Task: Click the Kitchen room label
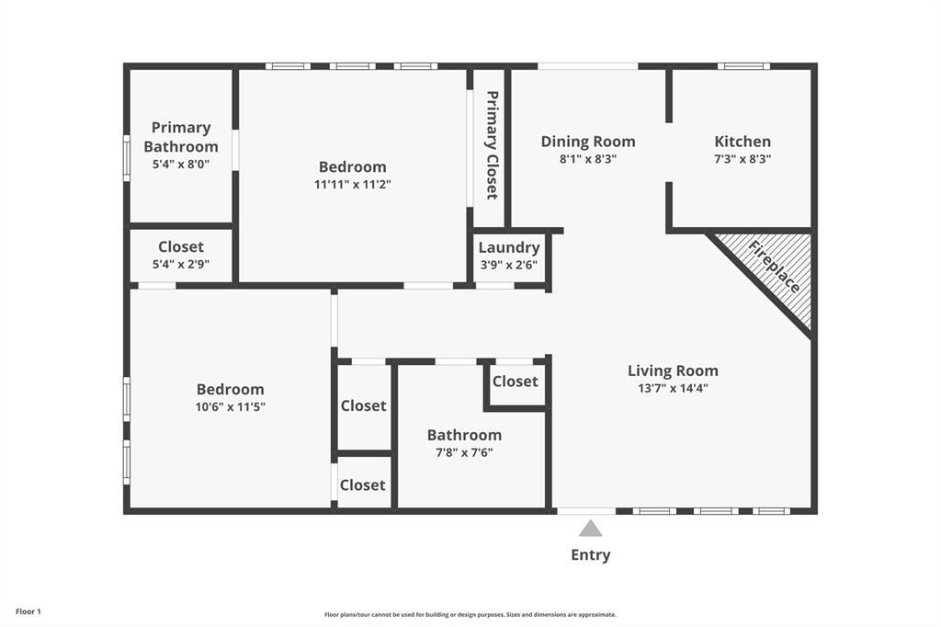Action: pos(743,142)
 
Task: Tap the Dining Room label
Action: pos(588,142)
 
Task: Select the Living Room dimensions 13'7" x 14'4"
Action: pos(673,388)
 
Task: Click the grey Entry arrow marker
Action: pos(590,528)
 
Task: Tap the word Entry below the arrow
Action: pos(590,554)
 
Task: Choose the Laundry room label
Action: pos(508,247)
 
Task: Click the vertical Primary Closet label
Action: pos(492,145)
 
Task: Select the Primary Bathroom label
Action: pos(181,137)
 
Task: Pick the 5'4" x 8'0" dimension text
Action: pos(181,164)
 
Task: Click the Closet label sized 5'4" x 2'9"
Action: pos(181,246)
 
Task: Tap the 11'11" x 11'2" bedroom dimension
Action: pos(353,184)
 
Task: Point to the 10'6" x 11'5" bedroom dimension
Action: pos(230,406)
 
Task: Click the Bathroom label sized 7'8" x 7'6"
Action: pos(464,435)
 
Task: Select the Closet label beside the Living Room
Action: pos(515,381)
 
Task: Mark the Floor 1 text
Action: pos(28,611)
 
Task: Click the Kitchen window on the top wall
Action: pos(743,66)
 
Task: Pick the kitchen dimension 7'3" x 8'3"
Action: pos(743,158)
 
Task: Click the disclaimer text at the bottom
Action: pos(470,614)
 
